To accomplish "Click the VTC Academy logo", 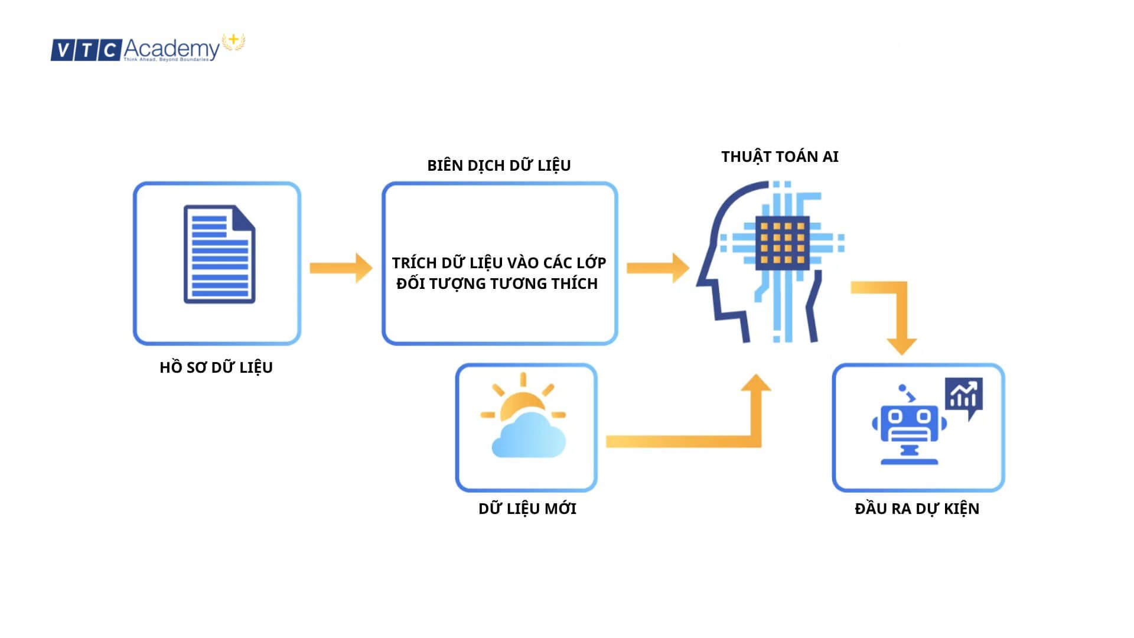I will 148,48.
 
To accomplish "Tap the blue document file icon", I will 219,254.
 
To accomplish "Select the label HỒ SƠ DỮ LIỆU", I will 216,367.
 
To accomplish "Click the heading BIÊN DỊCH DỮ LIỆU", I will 498,165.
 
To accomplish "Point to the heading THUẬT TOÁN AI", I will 780,157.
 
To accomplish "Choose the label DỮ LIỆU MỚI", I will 527,509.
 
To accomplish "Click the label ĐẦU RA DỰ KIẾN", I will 917,509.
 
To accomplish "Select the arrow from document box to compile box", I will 341,268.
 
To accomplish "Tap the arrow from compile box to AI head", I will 657,268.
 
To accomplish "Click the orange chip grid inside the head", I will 783,242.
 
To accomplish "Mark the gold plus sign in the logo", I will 234,40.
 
